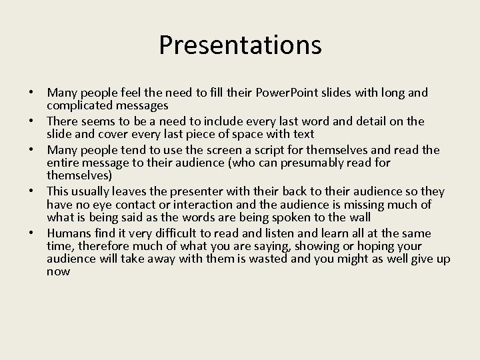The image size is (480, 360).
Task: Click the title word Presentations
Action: click(x=240, y=45)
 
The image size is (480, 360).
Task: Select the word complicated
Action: click(x=78, y=105)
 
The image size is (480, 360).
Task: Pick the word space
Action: click(x=267, y=133)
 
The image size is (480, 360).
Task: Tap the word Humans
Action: click(x=69, y=233)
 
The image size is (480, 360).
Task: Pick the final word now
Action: click(x=59, y=271)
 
